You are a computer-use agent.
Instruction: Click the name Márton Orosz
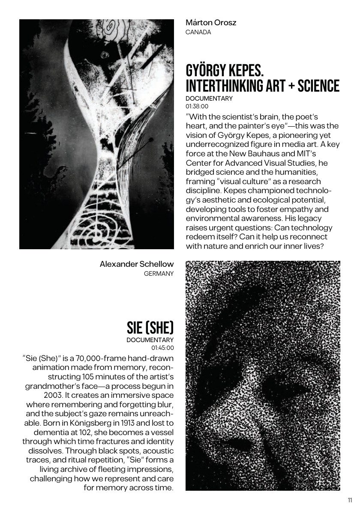pyautogui.click(x=210, y=23)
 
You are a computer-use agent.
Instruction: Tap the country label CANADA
pyautogui.click(x=198, y=32)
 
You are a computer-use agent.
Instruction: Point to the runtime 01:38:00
pyautogui.click(x=197, y=106)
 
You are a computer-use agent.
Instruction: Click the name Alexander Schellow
pyautogui.click(x=137, y=264)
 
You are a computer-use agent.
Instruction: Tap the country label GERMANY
pyautogui.click(x=159, y=274)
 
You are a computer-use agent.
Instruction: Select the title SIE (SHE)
pyautogui.click(x=150, y=328)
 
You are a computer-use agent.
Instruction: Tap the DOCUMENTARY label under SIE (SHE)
pyautogui.click(x=150, y=340)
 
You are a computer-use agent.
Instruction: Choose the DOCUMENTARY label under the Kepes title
pyautogui.click(x=209, y=98)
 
